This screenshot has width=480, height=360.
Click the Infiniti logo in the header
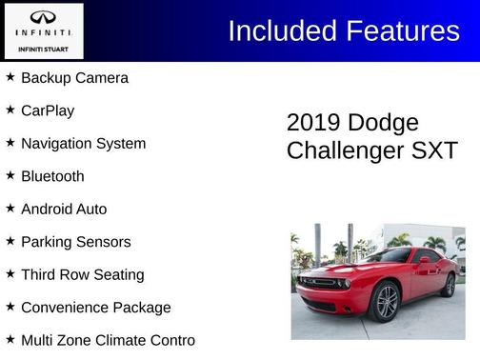point(43,18)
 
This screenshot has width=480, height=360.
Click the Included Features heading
point(344,30)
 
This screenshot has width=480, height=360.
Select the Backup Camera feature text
point(74,78)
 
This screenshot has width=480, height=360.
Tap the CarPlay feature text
point(48,110)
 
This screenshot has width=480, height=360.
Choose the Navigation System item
point(83,144)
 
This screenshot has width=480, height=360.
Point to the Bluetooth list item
point(52,176)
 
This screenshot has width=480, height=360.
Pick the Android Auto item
point(64,210)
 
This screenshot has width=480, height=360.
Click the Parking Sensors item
point(75,242)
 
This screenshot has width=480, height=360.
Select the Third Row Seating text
point(83,275)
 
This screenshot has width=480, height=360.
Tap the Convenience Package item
point(96,308)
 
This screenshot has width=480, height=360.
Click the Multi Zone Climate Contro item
point(108,340)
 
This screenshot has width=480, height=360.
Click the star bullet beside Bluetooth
point(10,175)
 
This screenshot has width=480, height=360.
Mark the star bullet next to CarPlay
point(10,110)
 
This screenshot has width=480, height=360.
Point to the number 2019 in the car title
point(314,123)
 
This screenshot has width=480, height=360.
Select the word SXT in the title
point(436,150)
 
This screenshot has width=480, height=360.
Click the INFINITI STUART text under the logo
point(43,48)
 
